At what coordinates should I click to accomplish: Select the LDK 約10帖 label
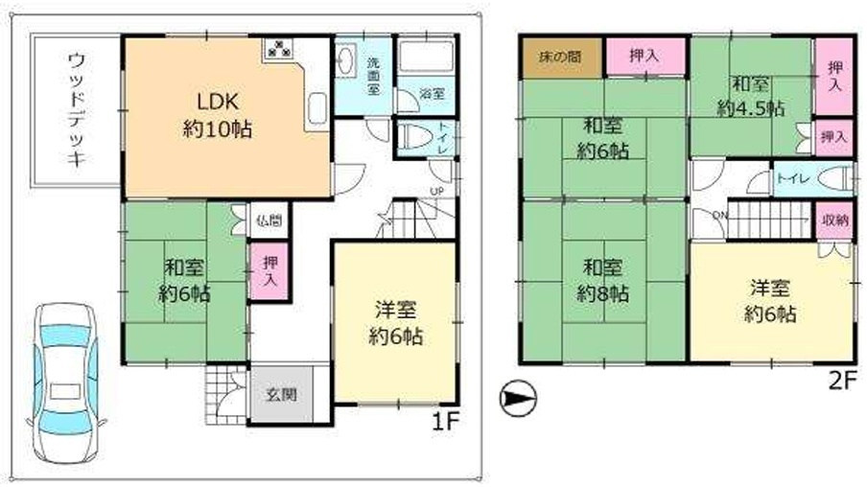click(x=218, y=116)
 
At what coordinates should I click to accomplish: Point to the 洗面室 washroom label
click(x=374, y=74)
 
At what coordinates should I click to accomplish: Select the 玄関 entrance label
click(x=282, y=393)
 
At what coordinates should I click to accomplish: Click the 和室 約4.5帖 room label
click(x=749, y=98)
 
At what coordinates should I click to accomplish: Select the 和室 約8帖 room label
click(x=602, y=278)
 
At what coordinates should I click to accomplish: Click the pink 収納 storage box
click(x=834, y=220)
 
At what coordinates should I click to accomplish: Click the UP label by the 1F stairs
click(x=438, y=191)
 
